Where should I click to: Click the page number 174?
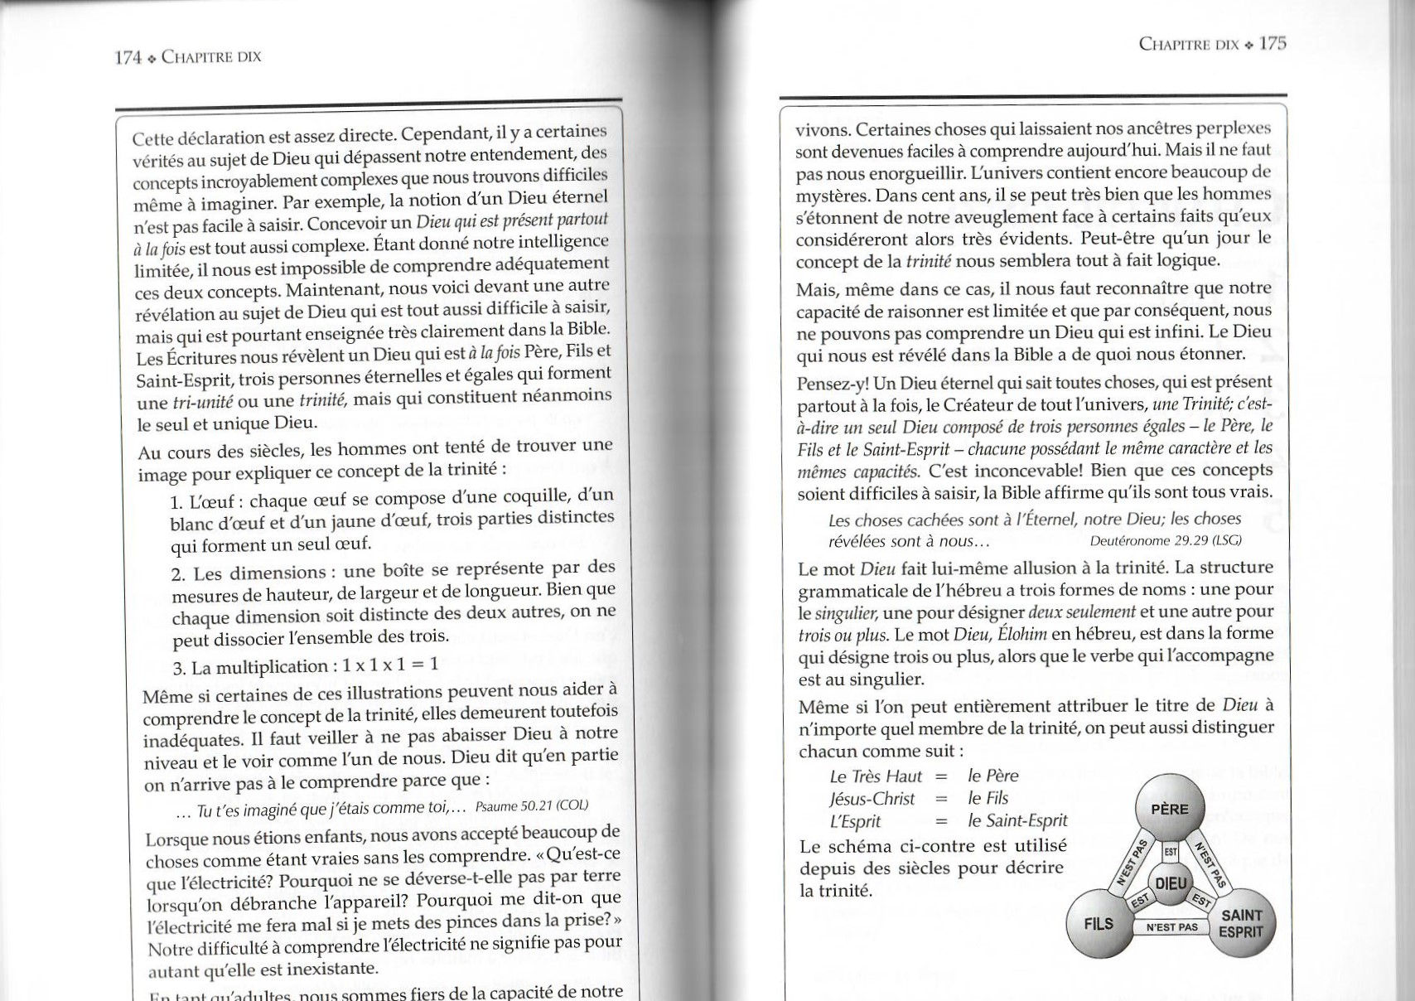128,57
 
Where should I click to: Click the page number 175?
1273,43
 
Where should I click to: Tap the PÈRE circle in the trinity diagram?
1169,809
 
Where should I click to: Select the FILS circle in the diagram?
1099,923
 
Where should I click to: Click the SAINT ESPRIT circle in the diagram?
1241,923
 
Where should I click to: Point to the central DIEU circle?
1171,884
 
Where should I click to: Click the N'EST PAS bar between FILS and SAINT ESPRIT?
1171,927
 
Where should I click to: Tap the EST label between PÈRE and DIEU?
1171,852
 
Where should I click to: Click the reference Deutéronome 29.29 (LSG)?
1166,540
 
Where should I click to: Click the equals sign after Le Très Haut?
940,776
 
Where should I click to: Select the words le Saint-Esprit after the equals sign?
1017,821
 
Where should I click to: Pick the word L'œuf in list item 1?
207,502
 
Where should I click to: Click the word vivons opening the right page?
822,129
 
